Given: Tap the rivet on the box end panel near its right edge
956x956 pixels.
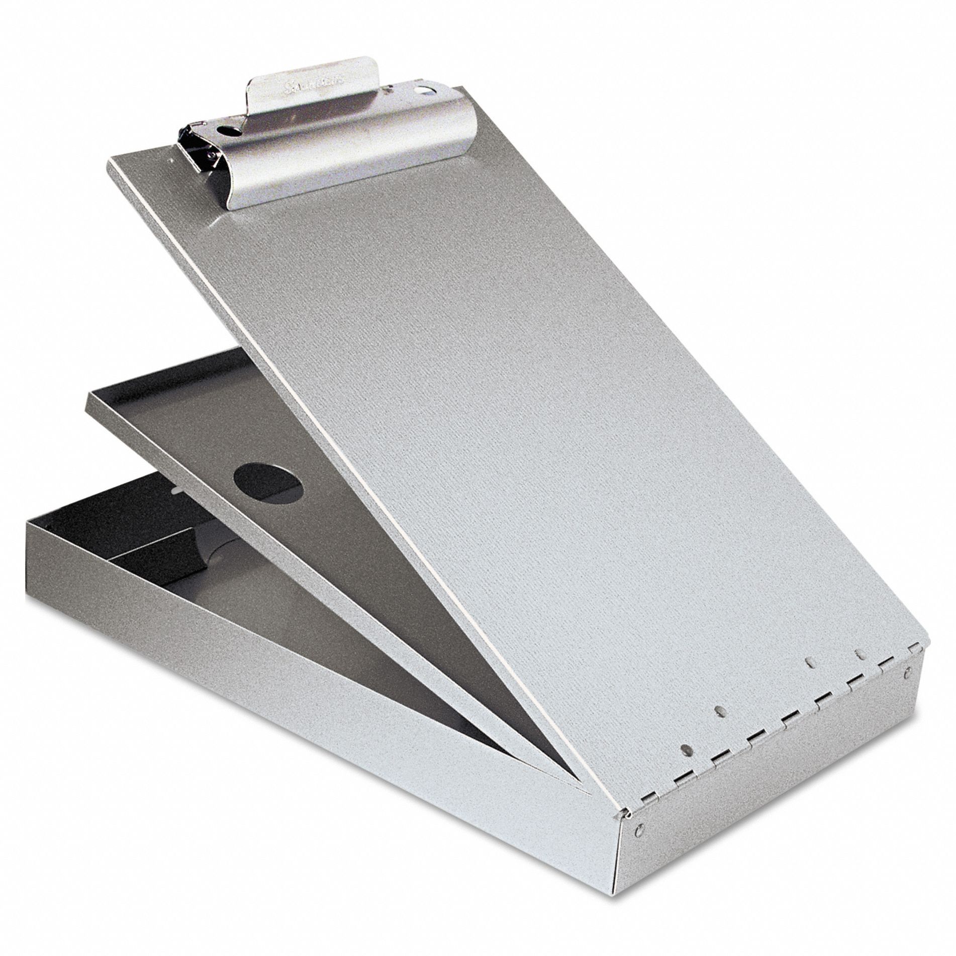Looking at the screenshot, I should point(908,671).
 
